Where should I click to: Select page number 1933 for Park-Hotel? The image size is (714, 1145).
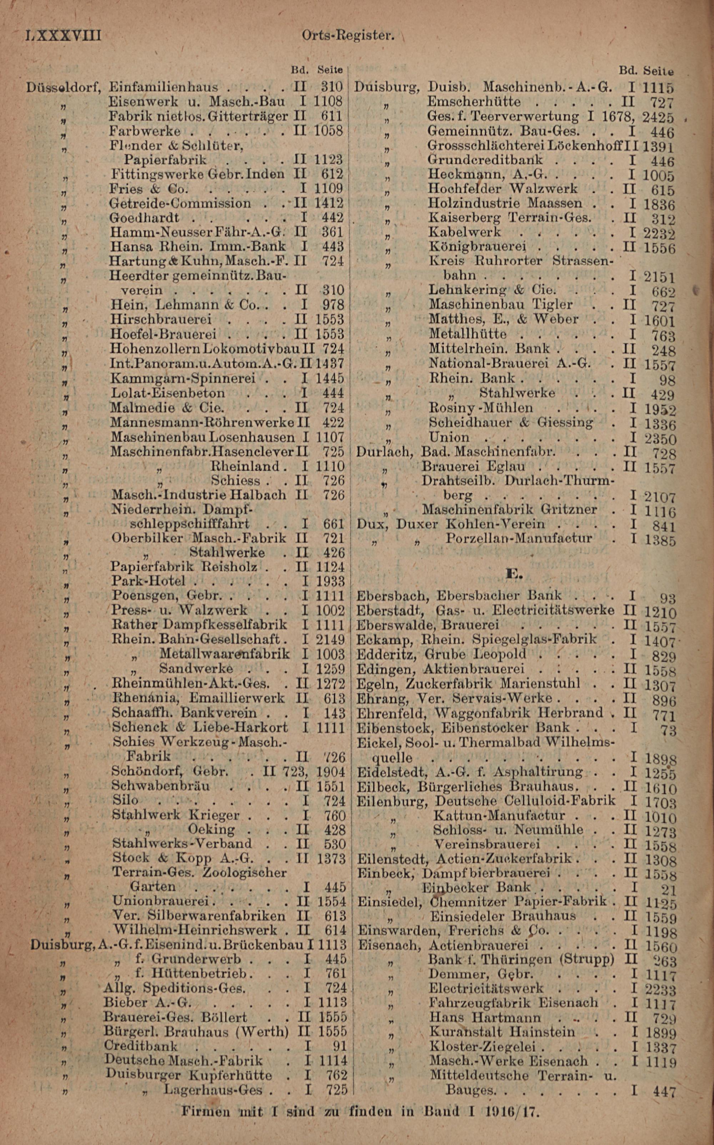click(330, 581)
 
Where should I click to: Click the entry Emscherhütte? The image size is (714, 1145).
click(474, 102)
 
